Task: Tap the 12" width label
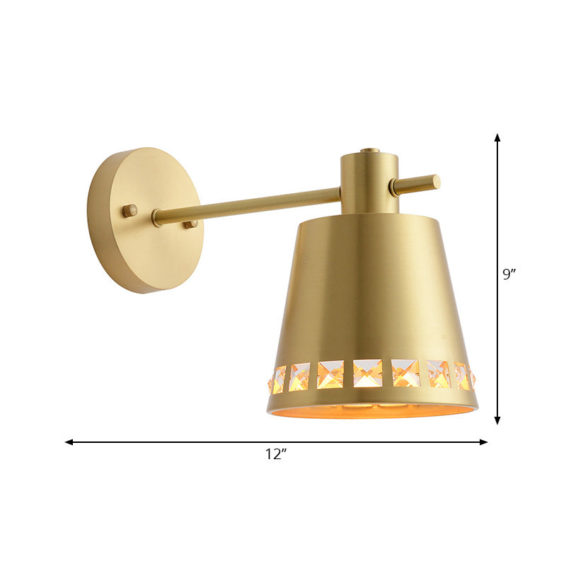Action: click(276, 455)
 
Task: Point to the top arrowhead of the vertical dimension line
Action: click(497, 137)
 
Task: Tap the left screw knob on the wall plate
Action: click(129, 210)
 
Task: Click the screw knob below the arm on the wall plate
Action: click(190, 224)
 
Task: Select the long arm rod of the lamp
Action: click(248, 204)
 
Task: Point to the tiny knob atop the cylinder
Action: click(369, 150)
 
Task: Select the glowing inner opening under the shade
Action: click(371, 411)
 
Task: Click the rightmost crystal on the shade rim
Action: click(472, 376)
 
